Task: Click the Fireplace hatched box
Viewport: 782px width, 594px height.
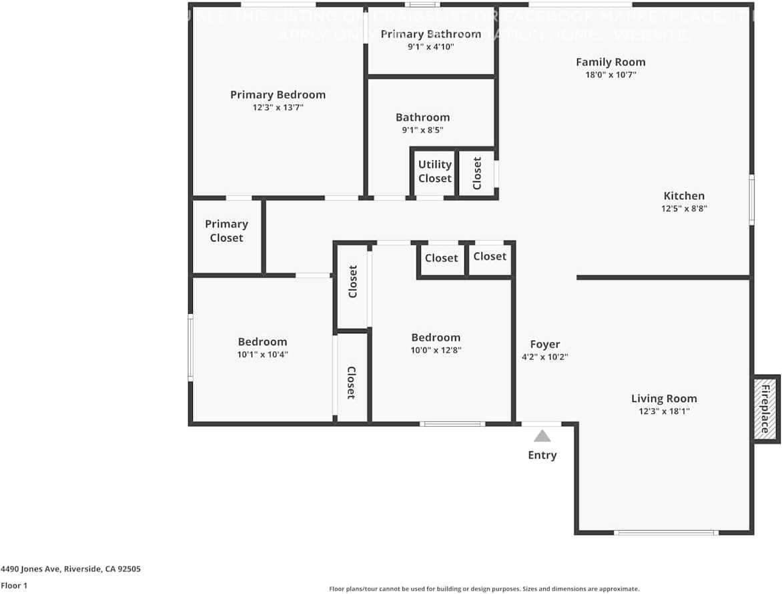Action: tap(765, 409)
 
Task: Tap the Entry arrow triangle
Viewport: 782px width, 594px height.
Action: tap(542, 436)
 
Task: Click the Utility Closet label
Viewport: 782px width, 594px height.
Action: tap(435, 171)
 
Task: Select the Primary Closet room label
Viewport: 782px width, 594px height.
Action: tap(226, 231)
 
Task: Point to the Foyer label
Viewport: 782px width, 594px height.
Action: tap(544, 344)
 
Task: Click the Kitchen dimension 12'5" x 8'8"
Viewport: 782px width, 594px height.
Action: tap(684, 209)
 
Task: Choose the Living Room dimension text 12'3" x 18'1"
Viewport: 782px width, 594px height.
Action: tap(664, 411)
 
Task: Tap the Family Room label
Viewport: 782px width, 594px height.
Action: tap(611, 62)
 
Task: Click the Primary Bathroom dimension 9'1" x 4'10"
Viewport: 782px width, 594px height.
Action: tap(431, 47)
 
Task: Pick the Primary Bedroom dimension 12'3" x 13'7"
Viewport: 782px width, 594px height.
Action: tap(278, 107)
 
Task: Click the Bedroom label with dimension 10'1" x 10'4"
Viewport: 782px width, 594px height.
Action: tap(262, 342)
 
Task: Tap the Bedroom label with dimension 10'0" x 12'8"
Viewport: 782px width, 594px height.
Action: tap(436, 337)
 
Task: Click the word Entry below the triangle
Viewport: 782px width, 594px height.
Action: tap(542, 455)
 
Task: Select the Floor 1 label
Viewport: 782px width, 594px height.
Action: tap(14, 586)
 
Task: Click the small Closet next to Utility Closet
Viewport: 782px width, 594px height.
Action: tap(477, 173)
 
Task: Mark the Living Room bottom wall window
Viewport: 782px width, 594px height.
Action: tap(665, 533)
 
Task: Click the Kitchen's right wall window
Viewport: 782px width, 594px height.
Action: tap(752, 199)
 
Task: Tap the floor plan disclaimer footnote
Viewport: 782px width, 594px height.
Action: tap(484, 589)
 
